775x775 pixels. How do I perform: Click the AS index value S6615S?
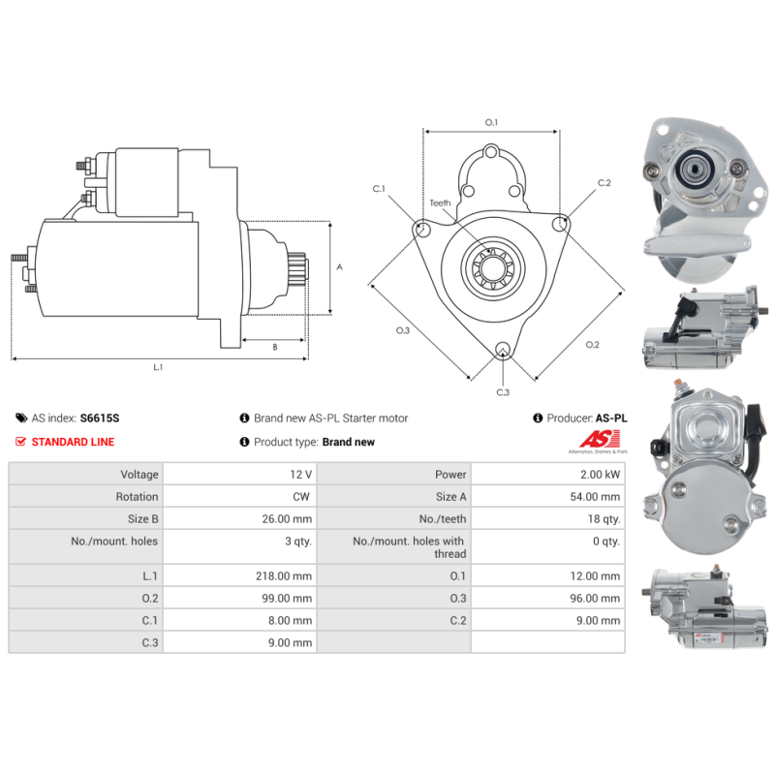click(x=100, y=418)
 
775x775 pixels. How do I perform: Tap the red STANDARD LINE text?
click(x=73, y=442)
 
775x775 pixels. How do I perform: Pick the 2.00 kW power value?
click(x=600, y=475)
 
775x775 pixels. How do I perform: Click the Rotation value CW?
click(x=301, y=497)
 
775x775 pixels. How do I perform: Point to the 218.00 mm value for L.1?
click(x=284, y=576)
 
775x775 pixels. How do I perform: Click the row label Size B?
click(x=142, y=519)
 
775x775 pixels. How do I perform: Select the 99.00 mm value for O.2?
click(x=287, y=599)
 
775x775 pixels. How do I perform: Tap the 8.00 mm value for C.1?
click(x=290, y=621)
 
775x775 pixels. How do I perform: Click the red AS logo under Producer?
click(x=600, y=439)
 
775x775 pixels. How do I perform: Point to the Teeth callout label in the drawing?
click(x=440, y=203)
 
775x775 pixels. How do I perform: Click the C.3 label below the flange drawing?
click(x=503, y=392)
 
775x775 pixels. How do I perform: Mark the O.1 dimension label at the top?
click(x=491, y=123)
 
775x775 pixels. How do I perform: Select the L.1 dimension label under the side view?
click(x=158, y=367)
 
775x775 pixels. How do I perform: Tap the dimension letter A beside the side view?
click(x=339, y=267)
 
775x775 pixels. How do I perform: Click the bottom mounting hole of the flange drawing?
click(x=503, y=349)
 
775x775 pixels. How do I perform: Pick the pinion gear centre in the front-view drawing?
click(x=493, y=269)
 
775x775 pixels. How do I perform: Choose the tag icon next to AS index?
click(x=21, y=418)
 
